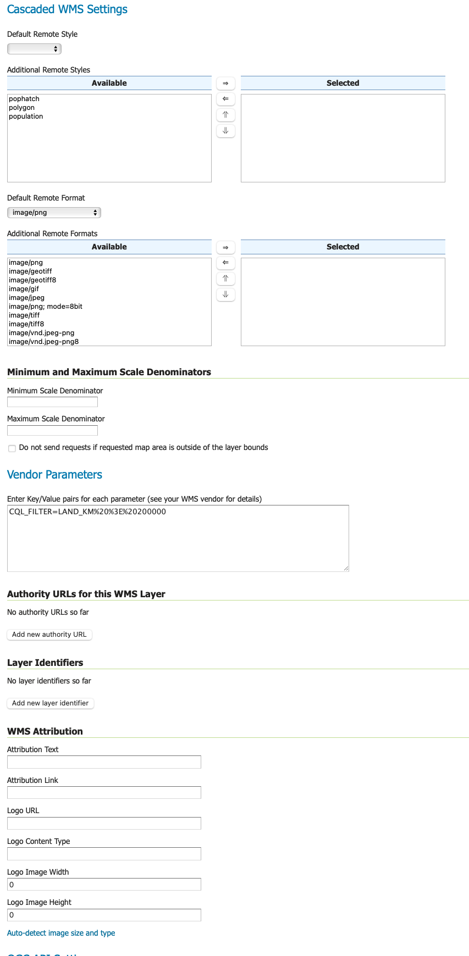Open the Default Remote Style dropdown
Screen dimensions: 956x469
pyautogui.click(x=34, y=49)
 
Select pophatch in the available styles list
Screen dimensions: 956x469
pyautogui.click(x=24, y=99)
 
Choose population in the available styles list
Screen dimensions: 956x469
pyautogui.click(x=26, y=116)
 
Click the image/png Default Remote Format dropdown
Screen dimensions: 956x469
pyautogui.click(x=54, y=213)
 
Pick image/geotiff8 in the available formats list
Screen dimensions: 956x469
pyautogui.click(x=32, y=280)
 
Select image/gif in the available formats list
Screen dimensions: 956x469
pyautogui.click(x=24, y=289)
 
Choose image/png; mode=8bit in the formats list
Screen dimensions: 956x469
pyautogui.click(x=46, y=307)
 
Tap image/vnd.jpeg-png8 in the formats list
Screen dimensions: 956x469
pyautogui.click(x=44, y=342)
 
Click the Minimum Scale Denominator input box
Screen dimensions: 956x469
pyautogui.click(x=52, y=402)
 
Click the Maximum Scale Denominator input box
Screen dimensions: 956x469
pyautogui.click(x=52, y=430)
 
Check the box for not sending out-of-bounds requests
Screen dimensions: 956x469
pyautogui.click(x=12, y=448)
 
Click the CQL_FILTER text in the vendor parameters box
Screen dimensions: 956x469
pyautogui.click(x=87, y=512)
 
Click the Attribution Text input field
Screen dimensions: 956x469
pyautogui.click(x=104, y=762)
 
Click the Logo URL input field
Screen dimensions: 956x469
pyautogui.click(x=104, y=823)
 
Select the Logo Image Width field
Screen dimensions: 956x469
pyautogui.click(x=104, y=885)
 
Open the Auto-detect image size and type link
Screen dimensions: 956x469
pyautogui.click(x=61, y=933)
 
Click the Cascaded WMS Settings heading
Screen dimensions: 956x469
pyautogui.click(x=67, y=9)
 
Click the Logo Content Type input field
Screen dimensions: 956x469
pyautogui.click(x=104, y=854)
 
